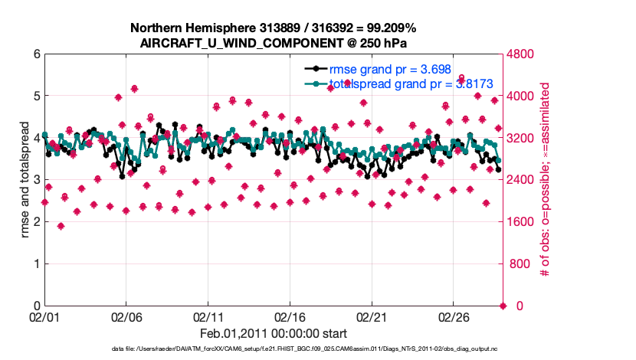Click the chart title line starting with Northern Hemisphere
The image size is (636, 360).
click(x=274, y=28)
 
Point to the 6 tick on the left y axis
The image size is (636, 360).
click(x=37, y=54)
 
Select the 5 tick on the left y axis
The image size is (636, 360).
click(x=37, y=97)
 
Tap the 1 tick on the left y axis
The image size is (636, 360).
click(x=37, y=264)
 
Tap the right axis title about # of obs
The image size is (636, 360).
click(x=545, y=180)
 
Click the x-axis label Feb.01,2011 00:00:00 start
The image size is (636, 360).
click(x=274, y=333)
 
